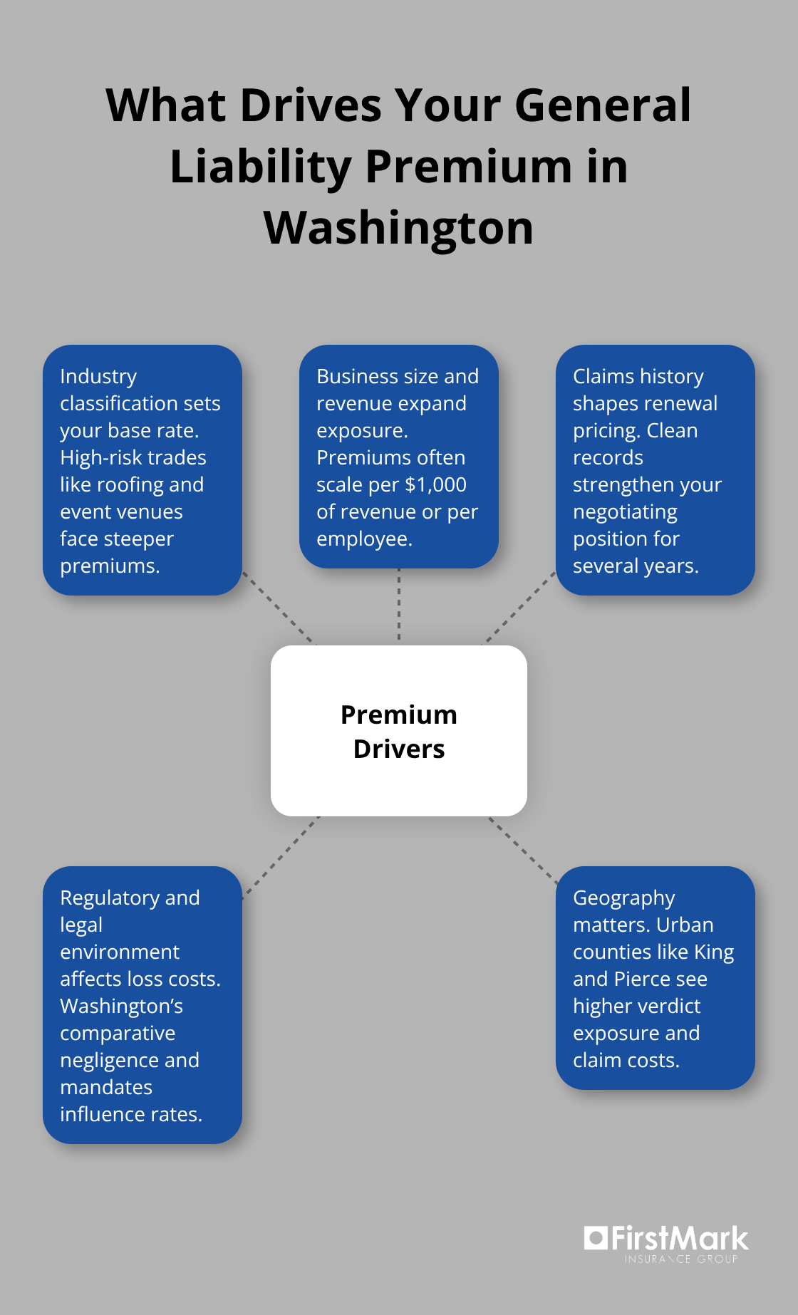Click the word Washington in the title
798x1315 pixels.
(x=398, y=228)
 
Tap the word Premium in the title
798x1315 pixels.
(x=468, y=167)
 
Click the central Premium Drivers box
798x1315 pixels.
(x=398, y=731)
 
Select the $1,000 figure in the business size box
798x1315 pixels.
(x=435, y=485)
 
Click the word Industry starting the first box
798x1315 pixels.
(x=98, y=376)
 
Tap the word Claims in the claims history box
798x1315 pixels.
(x=603, y=376)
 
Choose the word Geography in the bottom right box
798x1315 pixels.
(x=623, y=898)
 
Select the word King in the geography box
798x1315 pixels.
(x=714, y=952)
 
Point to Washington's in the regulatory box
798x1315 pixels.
(x=121, y=1007)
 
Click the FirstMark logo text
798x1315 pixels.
(x=679, y=1239)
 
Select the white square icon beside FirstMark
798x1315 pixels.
(x=595, y=1237)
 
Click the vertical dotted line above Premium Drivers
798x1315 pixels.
(x=399, y=605)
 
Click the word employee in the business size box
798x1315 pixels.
(x=363, y=539)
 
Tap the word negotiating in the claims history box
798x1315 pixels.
(x=625, y=512)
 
